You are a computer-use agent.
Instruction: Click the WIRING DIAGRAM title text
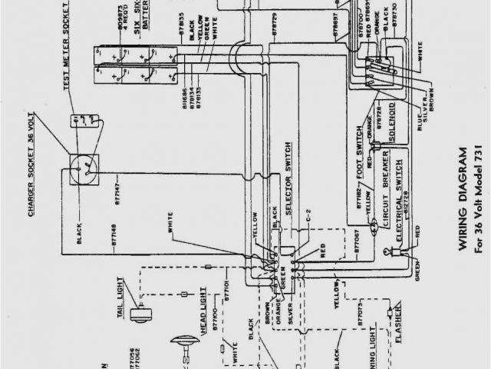coord(463,201)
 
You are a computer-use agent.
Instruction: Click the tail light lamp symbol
coord(139,312)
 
